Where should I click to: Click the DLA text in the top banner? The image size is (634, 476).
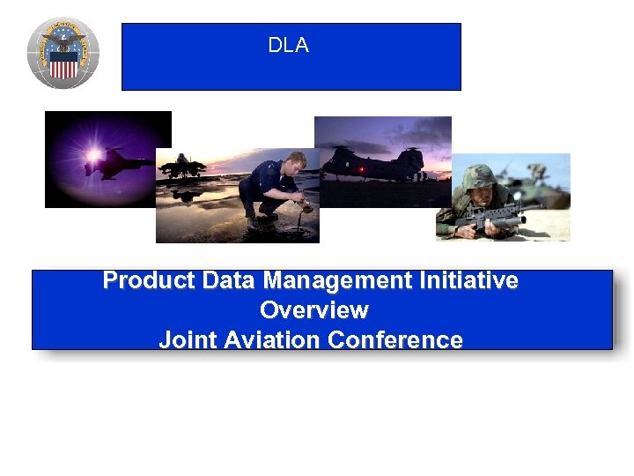click(289, 46)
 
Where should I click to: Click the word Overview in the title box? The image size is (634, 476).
click(313, 310)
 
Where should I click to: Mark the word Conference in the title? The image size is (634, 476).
click(398, 340)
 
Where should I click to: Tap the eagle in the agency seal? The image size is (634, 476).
click(63, 42)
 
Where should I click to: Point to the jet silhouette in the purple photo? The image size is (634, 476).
click(119, 163)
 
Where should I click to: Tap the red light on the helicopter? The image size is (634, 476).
click(360, 167)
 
